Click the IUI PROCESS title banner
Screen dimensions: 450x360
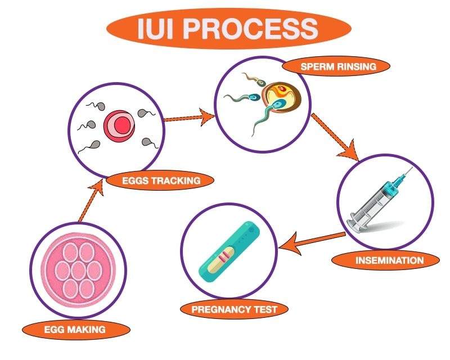(x=229, y=28)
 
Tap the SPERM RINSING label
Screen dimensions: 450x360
(x=336, y=66)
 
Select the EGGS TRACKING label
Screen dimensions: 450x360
(x=160, y=181)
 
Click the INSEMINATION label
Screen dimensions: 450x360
(x=385, y=260)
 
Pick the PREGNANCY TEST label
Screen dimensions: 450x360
(x=234, y=309)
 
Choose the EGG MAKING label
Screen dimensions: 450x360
(x=76, y=329)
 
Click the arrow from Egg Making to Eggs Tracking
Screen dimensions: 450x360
(x=91, y=201)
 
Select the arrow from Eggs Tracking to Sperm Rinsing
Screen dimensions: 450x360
(x=189, y=118)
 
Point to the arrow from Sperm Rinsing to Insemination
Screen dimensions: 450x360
(x=335, y=137)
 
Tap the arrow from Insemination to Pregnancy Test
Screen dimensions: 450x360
(x=312, y=243)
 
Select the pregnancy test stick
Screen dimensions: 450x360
(x=229, y=251)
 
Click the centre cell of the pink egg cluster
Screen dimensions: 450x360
(x=78, y=271)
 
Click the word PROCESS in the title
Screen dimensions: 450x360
(x=250, y=28)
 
